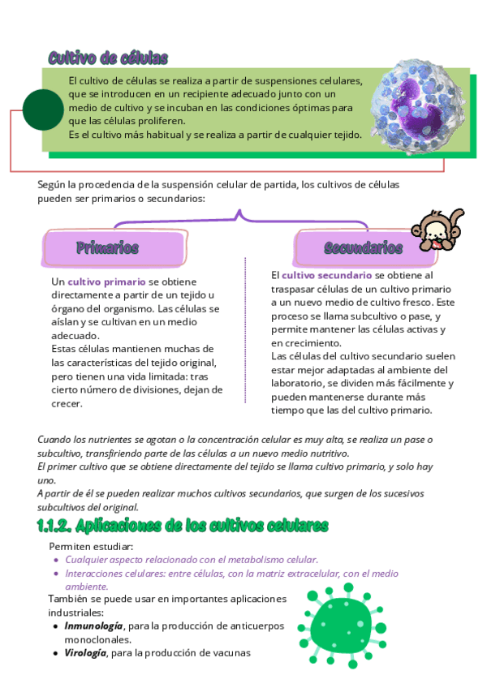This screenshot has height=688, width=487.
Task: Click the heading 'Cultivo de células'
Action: (x=108, y=58)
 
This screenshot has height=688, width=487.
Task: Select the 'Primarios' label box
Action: (x=108, y=247)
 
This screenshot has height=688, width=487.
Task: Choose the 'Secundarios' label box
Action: (x=363, y=247)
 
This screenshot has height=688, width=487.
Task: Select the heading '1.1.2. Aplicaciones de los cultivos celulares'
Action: (x=183, y=527)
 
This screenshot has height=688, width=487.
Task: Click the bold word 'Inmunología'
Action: (x=94, y=626)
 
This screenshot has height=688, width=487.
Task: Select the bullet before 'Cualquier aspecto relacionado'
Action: (x=56, y=560)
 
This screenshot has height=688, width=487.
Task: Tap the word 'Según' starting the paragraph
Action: (x=51, y=185)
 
